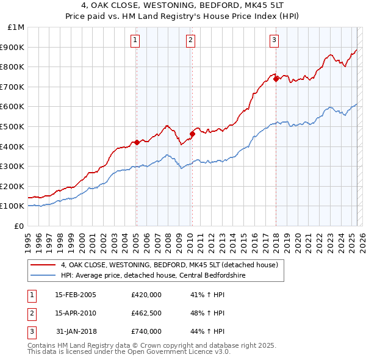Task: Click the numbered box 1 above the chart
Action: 135,40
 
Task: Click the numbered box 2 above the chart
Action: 190,40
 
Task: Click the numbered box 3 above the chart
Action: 274,40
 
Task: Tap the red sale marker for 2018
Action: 276,78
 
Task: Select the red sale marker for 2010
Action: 192,134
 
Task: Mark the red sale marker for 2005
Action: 137,142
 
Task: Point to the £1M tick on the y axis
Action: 16,27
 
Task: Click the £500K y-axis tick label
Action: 13,126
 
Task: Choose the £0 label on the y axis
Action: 20,226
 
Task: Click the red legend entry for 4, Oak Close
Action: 169,265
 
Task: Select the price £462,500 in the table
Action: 146,313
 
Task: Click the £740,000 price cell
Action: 146,331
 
